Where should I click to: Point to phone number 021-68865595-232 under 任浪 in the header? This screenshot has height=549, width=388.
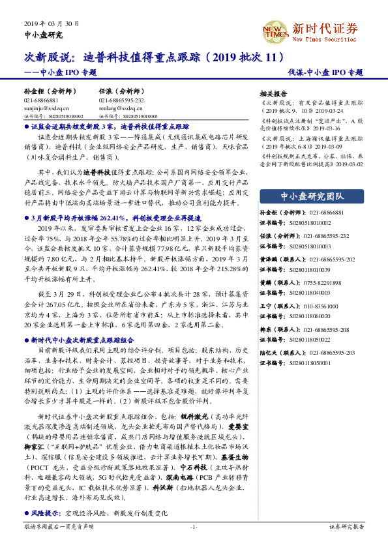pos(121,101)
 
